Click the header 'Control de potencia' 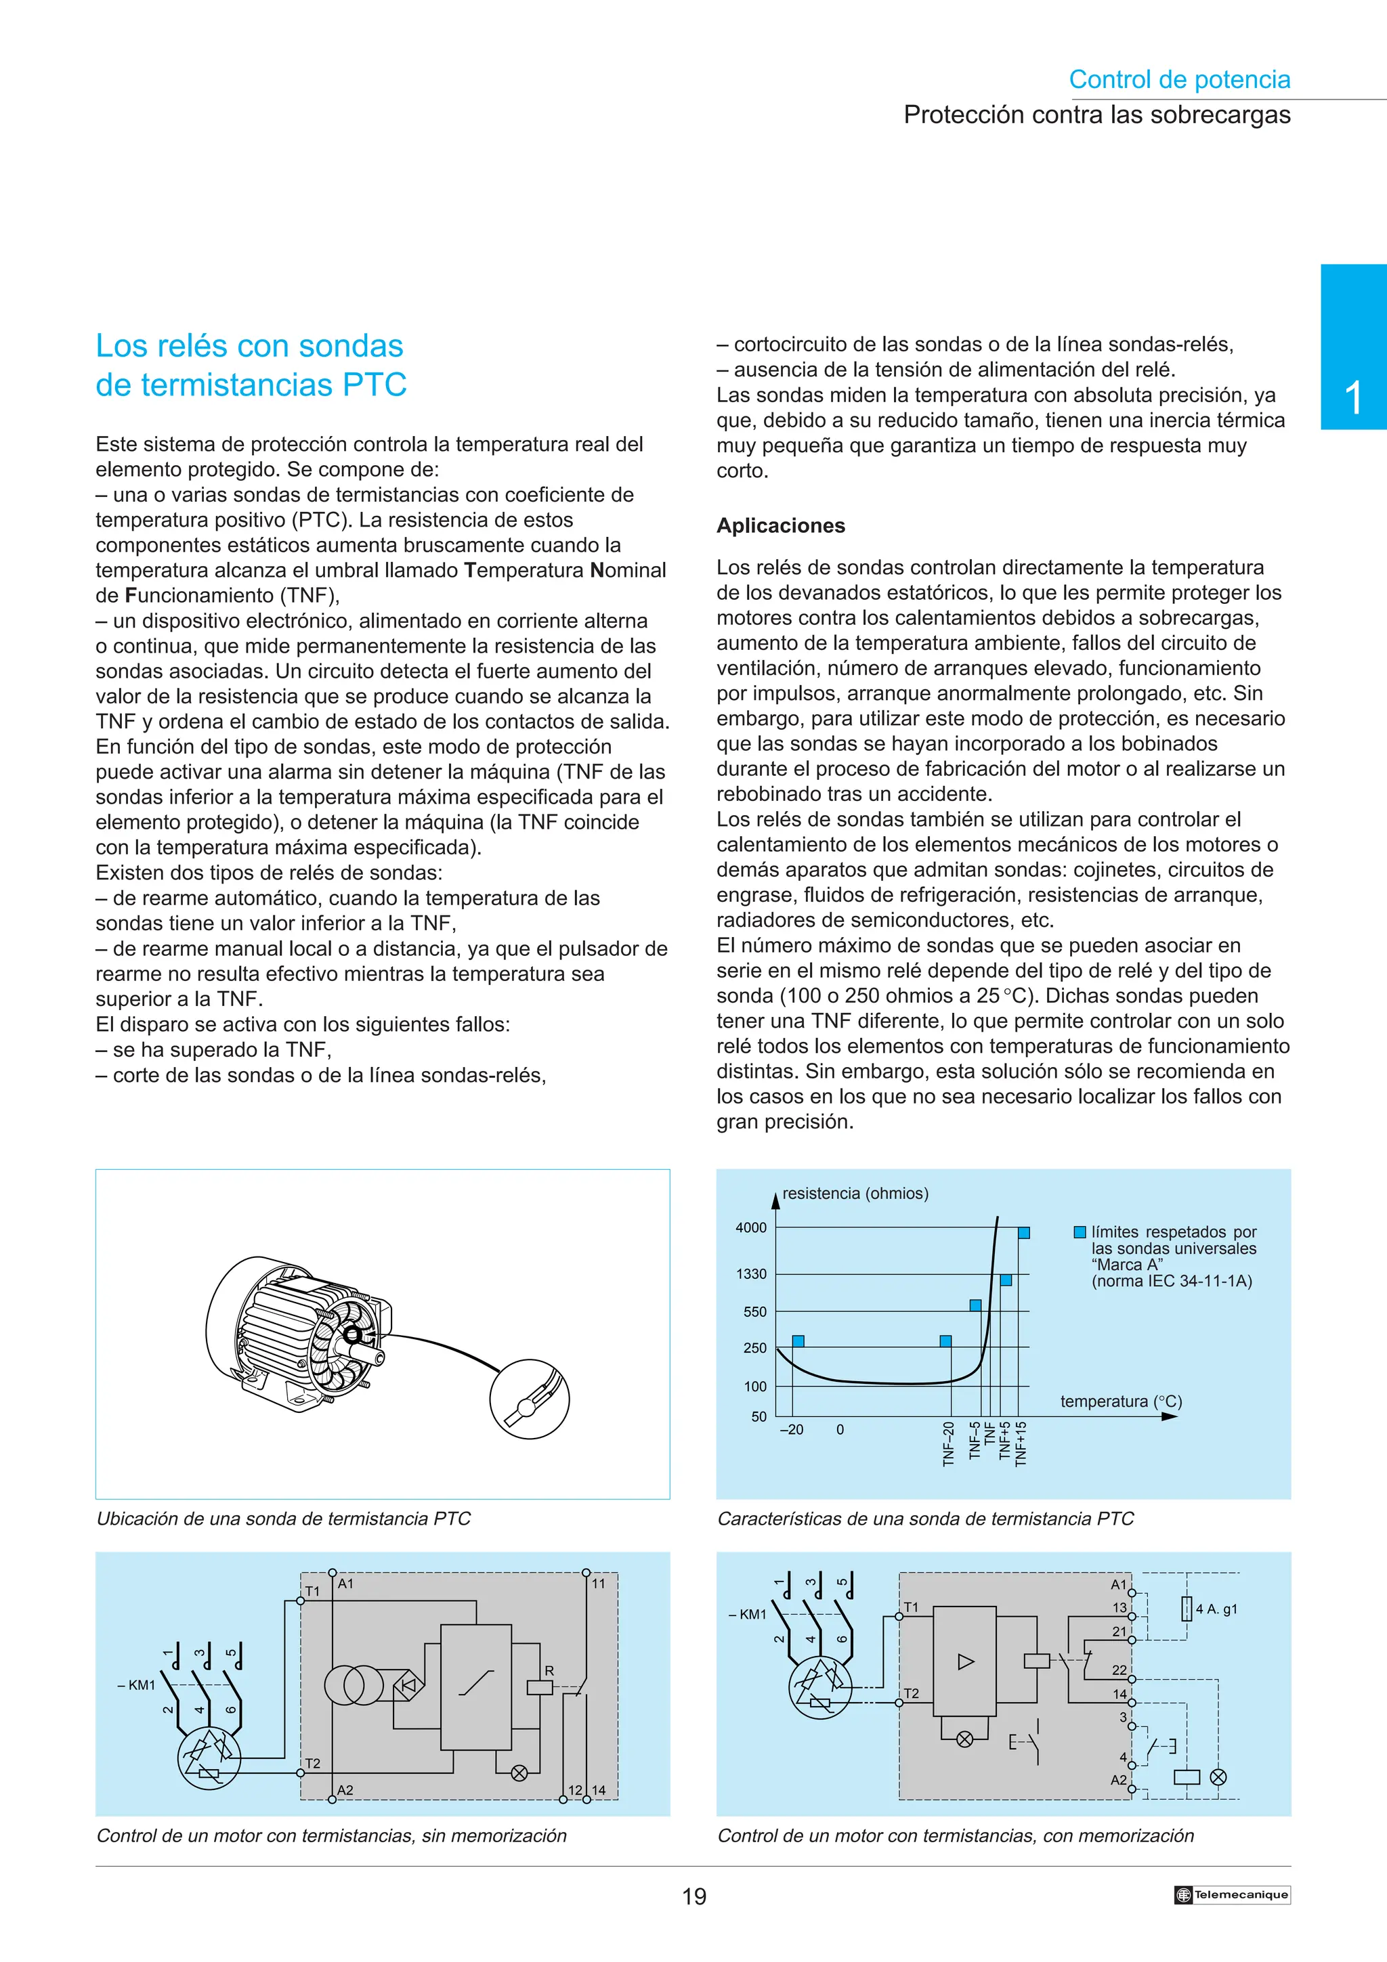(x=1178, y=79)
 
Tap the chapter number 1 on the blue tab (x=1353, y=398)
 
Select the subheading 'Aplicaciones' (x=780, y=525)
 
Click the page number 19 (x=694, y=1896)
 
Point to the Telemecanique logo (x=1231, y=1894)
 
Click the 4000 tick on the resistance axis (x=751, y=1228)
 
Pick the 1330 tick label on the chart (x=751, y=1274)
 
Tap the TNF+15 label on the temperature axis (x=1021, y=1443)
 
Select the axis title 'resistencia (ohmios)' (x=855, y=1193)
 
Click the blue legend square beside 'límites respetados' (x=1080, y=1232)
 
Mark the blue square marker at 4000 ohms (x=1024, y=1232)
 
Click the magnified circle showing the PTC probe (x=529, y=1399)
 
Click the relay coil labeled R (x=540, y=1687)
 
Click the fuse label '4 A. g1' (x=1216, y=1609)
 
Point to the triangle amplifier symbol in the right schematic (x=966, y=1662)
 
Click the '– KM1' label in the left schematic (x=137, y=1686)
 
